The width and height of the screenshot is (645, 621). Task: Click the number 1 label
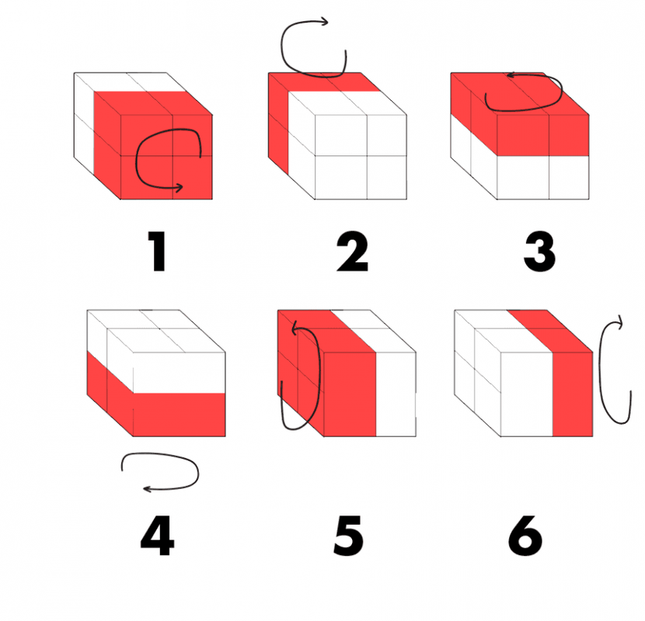157,251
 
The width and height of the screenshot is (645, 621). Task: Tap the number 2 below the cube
352,251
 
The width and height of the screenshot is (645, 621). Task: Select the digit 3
539,251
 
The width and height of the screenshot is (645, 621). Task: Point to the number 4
158,536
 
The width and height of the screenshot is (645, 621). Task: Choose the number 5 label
348,536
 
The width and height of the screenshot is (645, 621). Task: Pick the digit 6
525,536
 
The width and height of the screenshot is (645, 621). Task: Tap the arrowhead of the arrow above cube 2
324,21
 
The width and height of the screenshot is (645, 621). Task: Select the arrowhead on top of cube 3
511,75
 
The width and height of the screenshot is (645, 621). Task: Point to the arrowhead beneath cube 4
148,489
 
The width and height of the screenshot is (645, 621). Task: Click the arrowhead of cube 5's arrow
295,329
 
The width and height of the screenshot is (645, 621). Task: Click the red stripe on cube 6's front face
573,394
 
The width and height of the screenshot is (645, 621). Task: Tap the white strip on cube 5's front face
396,394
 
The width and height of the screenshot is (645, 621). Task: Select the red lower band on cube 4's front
180,415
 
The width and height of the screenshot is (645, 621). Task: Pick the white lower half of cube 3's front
543,178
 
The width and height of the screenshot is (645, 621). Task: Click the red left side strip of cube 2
278,123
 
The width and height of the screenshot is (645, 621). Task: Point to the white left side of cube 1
84,123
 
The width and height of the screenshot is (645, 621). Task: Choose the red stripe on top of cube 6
549,331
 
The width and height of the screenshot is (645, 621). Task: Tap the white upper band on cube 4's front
180,373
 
